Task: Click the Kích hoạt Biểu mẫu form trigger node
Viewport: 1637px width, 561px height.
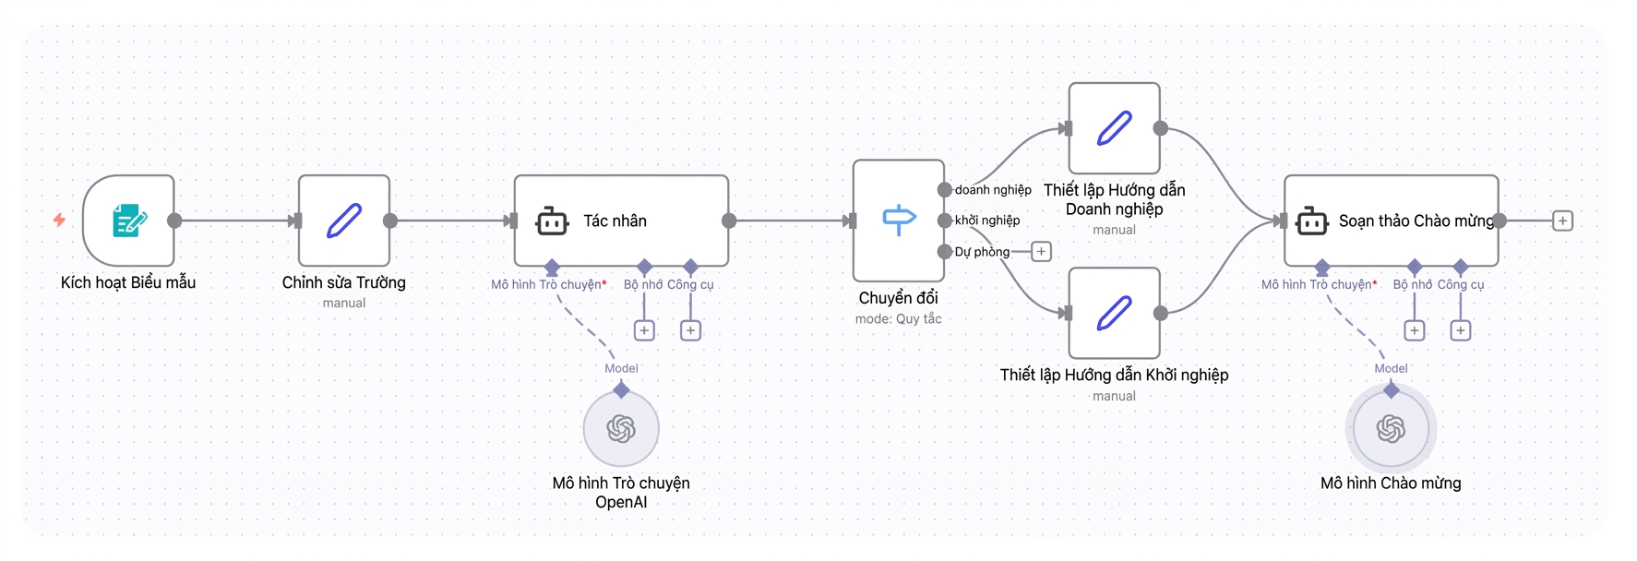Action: click(x=128, y=221)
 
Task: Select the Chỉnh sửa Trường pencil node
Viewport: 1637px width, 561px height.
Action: click(x=344, y=221)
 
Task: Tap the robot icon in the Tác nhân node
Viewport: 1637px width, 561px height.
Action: click(x=552, y=221)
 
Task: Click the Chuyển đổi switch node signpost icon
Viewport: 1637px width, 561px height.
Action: click(x=899, y=221)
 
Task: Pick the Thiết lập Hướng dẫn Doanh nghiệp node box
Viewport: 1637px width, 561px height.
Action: click(x=1114, y=128)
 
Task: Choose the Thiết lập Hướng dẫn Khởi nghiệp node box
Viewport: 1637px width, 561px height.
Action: click(x=1114, y=313)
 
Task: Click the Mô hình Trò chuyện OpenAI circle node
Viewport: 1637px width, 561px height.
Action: click(x=621, y=428)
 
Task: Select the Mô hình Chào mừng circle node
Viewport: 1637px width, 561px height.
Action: click(x=1391, y=428)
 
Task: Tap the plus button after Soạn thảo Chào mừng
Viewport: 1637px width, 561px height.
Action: click(x=1562, y=221)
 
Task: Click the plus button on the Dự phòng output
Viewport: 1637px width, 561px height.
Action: click(x=1041, y=251)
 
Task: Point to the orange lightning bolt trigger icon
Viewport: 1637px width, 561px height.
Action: click(x=59, y=220)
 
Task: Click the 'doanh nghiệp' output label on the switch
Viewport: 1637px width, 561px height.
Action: click(x=993, y=190)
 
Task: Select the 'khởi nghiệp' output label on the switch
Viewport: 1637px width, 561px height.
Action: click(x=987, y=221)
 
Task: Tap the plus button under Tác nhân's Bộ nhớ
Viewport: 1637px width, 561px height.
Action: click(x=644, y=330)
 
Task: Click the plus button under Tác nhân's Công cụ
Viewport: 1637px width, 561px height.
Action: click(x=690, y=330)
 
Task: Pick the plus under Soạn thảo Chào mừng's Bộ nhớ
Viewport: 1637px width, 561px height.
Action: click(x=1414, y=330)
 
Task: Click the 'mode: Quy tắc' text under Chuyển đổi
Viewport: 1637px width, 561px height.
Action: click(x=899, y=319)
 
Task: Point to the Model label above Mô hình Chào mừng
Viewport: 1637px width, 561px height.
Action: click(x=1391, y=368)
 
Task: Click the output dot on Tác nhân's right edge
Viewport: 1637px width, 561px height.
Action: click(x=729, y=221)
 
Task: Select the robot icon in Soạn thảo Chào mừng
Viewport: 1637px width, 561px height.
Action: click(x=1311, y=221)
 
